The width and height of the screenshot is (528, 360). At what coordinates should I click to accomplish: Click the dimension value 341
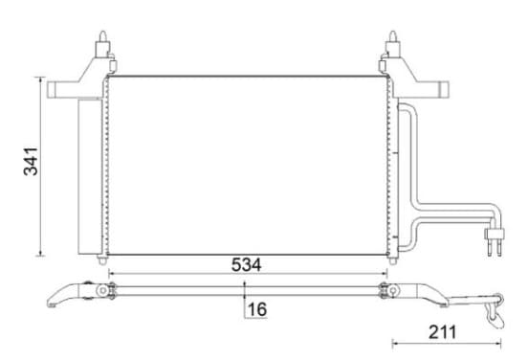point(31,162)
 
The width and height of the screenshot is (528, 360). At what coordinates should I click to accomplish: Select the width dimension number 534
point(246,265)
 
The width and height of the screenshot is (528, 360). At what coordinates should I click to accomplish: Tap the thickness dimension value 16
point(257,309)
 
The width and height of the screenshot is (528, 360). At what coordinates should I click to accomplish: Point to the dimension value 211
point(443,332)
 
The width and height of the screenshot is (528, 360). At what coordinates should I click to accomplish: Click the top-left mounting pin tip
point(102,33)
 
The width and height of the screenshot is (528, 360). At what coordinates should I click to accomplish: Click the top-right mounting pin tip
point(392,33)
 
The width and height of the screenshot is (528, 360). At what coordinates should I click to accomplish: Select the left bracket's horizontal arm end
point(51,90)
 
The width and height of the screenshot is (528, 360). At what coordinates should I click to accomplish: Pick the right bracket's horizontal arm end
point(445,90)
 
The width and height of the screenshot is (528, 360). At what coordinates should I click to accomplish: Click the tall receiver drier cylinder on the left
point(90,176)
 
